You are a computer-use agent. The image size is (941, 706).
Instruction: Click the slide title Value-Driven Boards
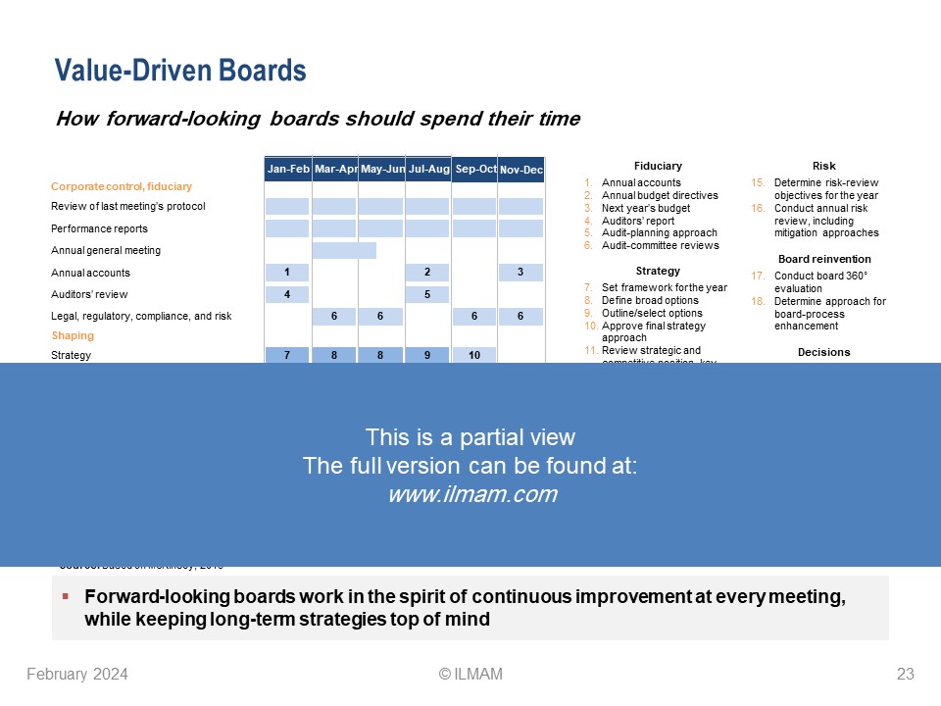pyautogui.click(x=180, y=71)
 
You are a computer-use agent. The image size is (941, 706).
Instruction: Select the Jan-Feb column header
pyautogui.click(x=288, y=170)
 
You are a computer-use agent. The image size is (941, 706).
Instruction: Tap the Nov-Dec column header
pyautogui.click(x=521, y=171)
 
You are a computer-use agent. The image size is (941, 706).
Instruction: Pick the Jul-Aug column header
pyautogui.click(x=428, y=170)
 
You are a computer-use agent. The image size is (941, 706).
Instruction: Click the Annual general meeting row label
pyautogui.click(x=106, y=251)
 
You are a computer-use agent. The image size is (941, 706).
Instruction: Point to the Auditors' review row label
pyautogui.click(x=89, y=294)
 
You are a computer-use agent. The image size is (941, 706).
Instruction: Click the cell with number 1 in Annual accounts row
pyautogui.click(x=288, y=273)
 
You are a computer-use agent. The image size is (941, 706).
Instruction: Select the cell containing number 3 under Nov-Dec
pyautogui.click(x=520, y=273)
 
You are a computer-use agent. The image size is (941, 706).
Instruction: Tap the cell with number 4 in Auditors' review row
pyautogui.click(x=288, y=294)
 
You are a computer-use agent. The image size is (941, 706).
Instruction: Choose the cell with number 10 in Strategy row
pyautogui.click(x=474, y=355)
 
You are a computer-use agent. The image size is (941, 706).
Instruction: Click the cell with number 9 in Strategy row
pyautogui.click(x=428, y=355)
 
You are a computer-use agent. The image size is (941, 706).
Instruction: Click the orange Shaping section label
pyautogui.click(x=73, y=335)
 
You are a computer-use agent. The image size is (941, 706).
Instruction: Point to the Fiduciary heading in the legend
pyautogui.click(x=658, y=166)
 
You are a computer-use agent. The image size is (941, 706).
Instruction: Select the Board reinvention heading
pyautogui.click(x=823, y=259)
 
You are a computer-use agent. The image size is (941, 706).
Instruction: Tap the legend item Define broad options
pyautogui.click(x=650, y=300)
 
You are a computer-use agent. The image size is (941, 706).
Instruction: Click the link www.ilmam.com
pyautogui.click(x=472, y=495)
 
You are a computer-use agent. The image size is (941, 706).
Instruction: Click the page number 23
pyautogui.click(x=905, y=674)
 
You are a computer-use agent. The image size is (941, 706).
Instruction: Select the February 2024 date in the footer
pyautogui.click(x=77, y=674)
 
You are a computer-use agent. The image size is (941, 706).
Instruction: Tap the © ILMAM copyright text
pyautogui.click(x=470, y=674)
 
